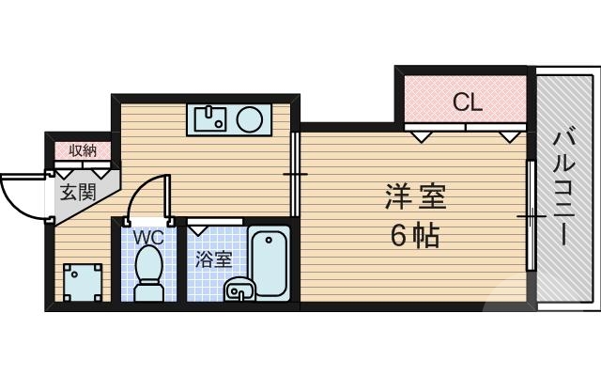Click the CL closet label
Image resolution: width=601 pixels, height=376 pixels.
pos(467,102)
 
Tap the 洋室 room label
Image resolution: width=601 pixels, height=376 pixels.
pos(414,199)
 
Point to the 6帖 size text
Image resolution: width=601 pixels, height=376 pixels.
pos(415,236)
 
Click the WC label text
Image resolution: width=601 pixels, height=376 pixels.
pos(147,238)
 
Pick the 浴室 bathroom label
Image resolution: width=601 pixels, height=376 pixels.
pos(213,259)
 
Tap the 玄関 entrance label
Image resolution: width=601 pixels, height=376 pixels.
pos(78,194)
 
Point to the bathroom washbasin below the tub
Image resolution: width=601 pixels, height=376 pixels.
pos(240,290)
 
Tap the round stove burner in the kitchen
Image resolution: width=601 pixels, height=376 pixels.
pos(249,118)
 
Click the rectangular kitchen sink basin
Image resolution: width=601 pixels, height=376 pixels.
pos(208,118)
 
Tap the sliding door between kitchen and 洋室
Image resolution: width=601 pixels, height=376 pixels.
pos(295,175)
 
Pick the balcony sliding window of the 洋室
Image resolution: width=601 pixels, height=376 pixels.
pos(531,216)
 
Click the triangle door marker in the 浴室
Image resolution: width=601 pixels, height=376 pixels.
pos(199,227)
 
